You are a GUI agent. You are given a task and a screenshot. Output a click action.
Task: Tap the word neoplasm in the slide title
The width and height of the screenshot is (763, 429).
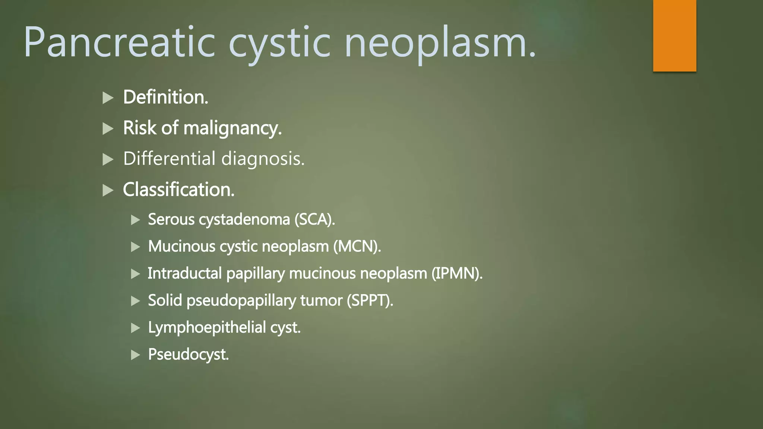pyautogui.click(x=440, y=43)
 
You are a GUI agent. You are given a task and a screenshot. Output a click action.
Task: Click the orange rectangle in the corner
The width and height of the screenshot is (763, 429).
pyautogui.click(x=674, y=35)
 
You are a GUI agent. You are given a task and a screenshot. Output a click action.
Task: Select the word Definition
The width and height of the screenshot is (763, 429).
pyautogui.click(x=165, y=97)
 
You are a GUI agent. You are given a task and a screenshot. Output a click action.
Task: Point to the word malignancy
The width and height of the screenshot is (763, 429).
pyautogui.click(x=232, y=128)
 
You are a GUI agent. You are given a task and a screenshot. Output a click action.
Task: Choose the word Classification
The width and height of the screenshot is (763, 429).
pyautogui.click(x=178, y=190)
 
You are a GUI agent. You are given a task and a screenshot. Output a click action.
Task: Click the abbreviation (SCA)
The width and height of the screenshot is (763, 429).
pyautogui.click(x=314, y=219)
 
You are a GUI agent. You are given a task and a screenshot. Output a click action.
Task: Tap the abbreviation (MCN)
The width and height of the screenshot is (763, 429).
pyautogui.click(x=357, y=247)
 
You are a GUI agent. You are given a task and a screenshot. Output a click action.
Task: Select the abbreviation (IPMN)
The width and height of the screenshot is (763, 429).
pyautogui.click(x=457, y=274)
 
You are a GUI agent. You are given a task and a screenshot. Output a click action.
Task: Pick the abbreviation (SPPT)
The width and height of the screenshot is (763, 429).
pyautogui.click(x=370, y=301)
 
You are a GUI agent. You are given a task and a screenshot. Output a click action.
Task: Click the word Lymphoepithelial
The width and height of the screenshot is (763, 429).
pyautogui.click(x=207, y=328)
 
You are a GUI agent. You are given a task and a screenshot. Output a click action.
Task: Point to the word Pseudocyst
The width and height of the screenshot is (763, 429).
pyautogui.click(x=188, y=355)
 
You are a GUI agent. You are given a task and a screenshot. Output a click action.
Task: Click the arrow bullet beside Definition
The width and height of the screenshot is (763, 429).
pyautogui.click(x=108, y=98)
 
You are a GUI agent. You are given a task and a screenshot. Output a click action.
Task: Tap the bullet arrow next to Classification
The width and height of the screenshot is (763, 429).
pyautogui.click(x=108, y=190)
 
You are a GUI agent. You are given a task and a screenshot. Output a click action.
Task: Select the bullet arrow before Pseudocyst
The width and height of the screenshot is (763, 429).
pyautogui.click(x=136, y=355)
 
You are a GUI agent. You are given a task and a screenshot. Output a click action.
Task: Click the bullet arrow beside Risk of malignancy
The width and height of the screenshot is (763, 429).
pyautogui.click(x=108, y=129)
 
